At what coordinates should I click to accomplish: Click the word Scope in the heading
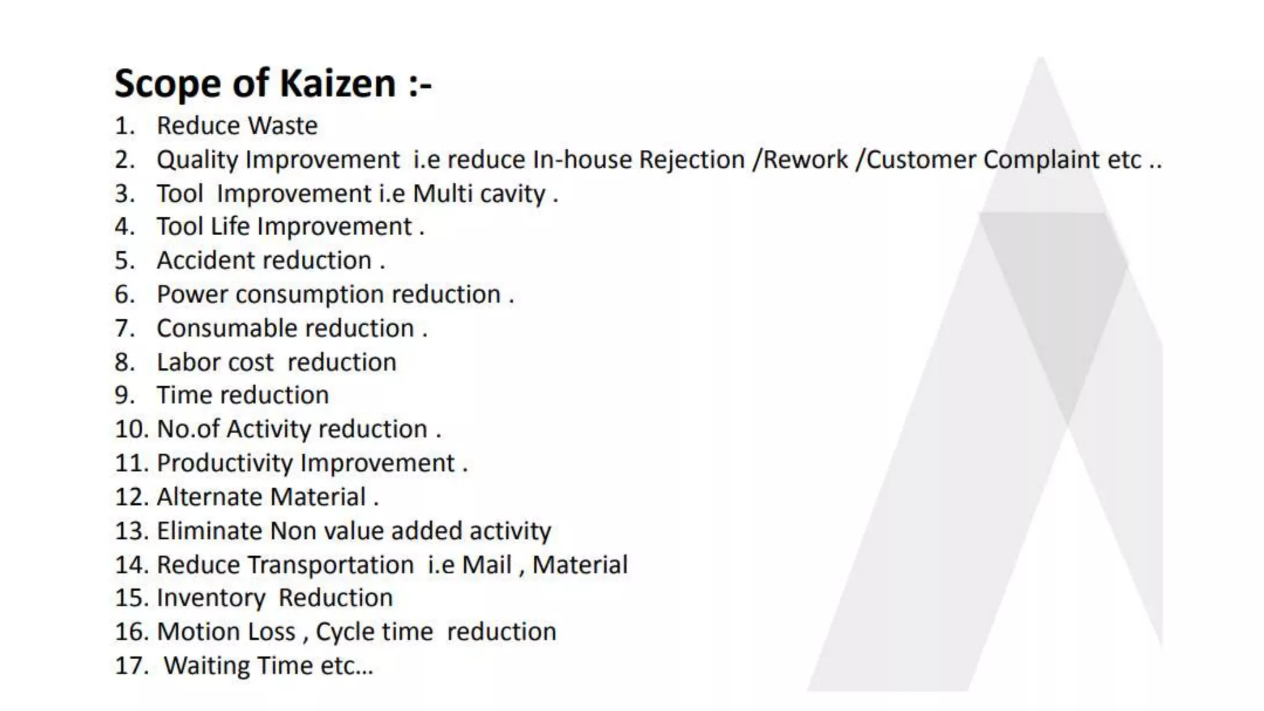pyautogui.click(x=167, y=85)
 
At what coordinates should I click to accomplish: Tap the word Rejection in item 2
pyautogui.click(x=692, y=160)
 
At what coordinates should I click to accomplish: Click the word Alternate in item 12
pyautogui.click(x=210, y=497)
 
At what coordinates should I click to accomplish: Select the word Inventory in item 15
pyautogui.click(x=211, y=598)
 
